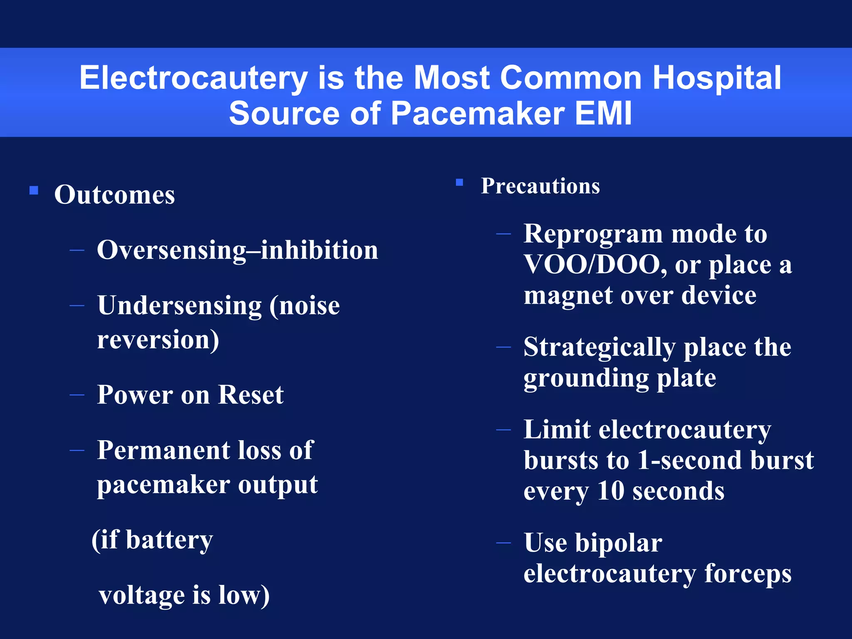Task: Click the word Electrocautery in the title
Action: tap(193, 78)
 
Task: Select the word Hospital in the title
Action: tap(716, 78)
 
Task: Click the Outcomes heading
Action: tap(114, 195)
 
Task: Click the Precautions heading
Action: tap(540, 186)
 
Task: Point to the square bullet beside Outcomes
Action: tap(34, 191)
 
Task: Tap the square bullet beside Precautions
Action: tap(459, 182)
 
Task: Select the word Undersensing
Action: tap(179, 306)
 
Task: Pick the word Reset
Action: tap(250, 395)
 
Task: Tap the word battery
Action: tap(169, 540)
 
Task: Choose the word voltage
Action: tap(141, 595)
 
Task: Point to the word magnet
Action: tap(568, 296)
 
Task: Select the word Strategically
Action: tap(599, 347)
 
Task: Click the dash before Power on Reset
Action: tap(77, 394)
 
